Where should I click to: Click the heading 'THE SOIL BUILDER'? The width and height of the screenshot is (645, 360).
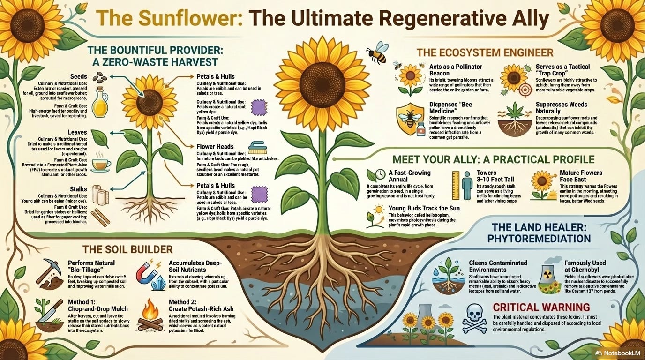click(x=127, y=249)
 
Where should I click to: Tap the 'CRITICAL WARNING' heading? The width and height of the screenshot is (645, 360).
click(x=541, y=307)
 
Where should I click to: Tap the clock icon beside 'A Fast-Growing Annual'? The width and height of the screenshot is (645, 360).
click(x=381, y=176)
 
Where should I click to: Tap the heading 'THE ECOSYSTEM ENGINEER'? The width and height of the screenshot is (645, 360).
click(x=487, y=52)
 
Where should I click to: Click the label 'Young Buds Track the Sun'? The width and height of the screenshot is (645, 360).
click(x=424, y=208)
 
